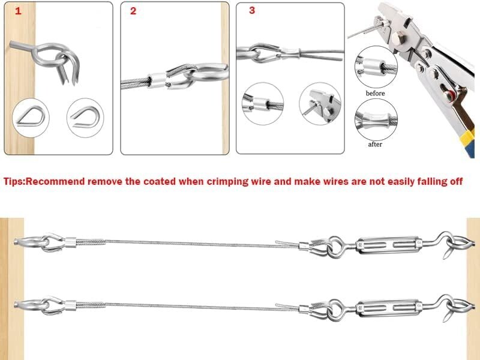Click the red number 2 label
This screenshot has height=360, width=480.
pos(133,11)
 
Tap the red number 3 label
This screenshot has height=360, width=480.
pos(251,10)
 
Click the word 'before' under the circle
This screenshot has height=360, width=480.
pos(375,94)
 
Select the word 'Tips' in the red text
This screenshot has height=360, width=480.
pos(14,181)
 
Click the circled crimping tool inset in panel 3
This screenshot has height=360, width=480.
pos(320,103)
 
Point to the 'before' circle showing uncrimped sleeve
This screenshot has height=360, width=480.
pos(375,68)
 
